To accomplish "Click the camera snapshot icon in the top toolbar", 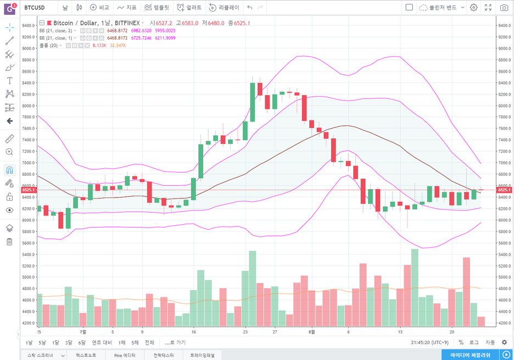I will click(x=504, y=8).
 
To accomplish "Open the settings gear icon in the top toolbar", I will click(x=473, y=8).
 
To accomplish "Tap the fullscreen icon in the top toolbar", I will click(x=488, y=8).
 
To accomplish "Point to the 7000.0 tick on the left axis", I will click(x=29, y=163).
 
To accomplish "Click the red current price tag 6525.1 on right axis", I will click(x=504, y=190).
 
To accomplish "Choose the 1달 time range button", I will click(x=55, y=342).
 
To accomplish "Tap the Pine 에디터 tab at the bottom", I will click(x=125, y=355).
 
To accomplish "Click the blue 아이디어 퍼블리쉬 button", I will click(x=470, y=355).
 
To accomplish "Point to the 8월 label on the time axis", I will click(x=311, y=332).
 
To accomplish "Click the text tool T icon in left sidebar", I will click(x=9, y=81).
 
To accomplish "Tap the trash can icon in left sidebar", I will click(x=9, y=242).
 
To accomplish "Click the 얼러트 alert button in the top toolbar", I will click(x=189, y=8).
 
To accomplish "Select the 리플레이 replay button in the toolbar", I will click(x=224, y=8).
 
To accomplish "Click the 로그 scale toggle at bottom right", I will click(x=473, y=342).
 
